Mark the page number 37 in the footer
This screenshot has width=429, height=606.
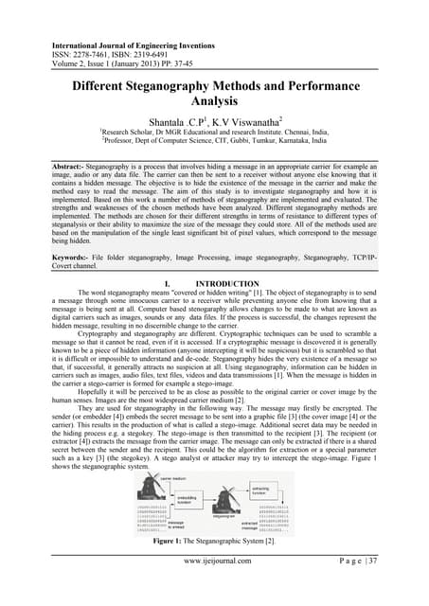(x=390, y=588)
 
